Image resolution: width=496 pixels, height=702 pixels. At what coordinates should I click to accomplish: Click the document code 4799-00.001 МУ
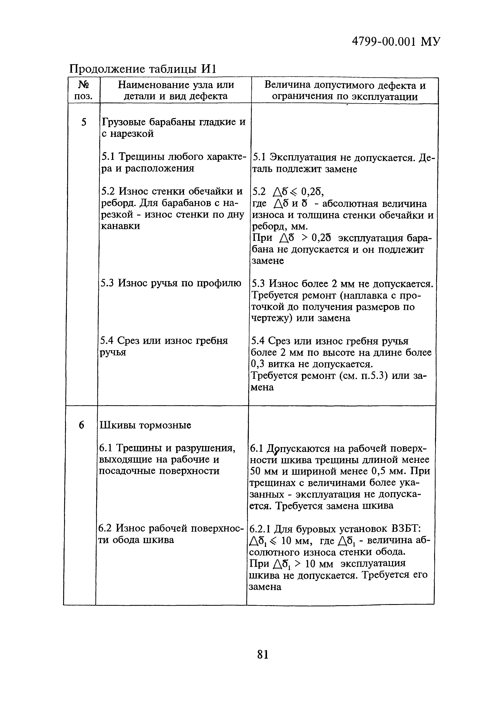[x=396, y=41]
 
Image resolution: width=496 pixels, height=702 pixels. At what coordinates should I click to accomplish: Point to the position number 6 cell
[x=81, y=425]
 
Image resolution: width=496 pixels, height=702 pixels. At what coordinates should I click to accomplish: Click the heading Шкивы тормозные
[x=145, y=425]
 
